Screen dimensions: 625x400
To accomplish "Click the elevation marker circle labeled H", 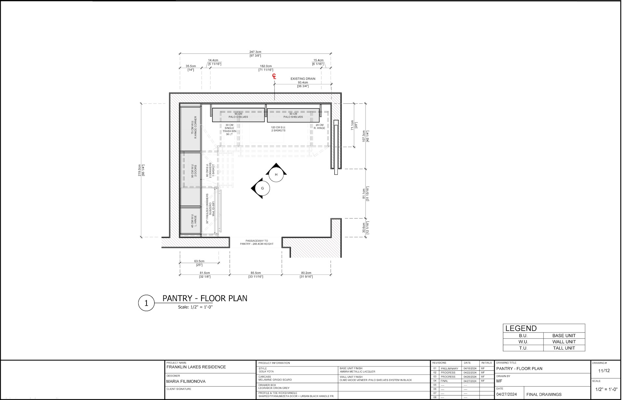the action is point(276,175).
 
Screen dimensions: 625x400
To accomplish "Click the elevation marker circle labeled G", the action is point(262,188).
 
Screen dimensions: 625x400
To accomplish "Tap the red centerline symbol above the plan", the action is point(274,77).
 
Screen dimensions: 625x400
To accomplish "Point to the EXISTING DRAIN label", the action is point(303,79).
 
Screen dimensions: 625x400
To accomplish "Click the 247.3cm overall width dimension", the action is point(255,52).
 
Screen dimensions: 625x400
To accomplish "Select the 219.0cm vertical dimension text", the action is point(139,170).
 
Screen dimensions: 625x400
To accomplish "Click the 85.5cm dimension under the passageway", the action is point(256,273).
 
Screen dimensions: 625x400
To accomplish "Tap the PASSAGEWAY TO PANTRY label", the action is point(257,242).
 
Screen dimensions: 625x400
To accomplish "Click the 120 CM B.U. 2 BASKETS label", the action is point(278,129).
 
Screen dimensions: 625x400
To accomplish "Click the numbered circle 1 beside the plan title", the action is point(146,303).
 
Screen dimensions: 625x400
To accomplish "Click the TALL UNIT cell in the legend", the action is point(564,348).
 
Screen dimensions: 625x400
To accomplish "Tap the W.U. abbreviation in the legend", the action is point(523,342).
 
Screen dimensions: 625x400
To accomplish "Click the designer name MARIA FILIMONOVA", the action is point(186,381).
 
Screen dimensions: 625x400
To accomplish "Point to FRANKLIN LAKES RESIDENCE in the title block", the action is point(196,367).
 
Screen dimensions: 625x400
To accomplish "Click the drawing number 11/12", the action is point(604,371).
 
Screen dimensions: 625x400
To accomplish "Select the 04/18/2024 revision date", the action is point(470,369).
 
